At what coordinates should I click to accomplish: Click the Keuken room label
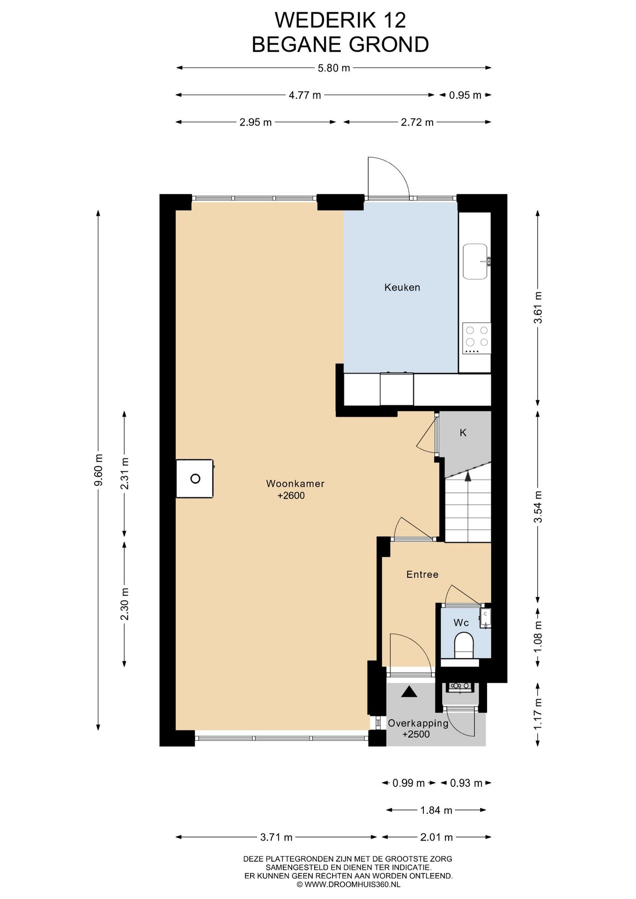coord(402,287)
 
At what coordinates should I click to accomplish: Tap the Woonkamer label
coord(295,484)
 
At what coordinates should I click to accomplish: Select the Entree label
coord(422,575)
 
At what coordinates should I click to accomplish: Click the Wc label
coord(461,623)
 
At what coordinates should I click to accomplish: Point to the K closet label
coord(463,433)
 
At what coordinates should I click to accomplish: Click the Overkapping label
coord(418,723)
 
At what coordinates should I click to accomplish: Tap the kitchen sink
coord(476,261)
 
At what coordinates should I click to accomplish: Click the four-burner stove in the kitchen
coord(477,338)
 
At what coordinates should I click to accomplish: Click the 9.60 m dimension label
coord(98,470)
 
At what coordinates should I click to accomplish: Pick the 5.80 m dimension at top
coord(334,68)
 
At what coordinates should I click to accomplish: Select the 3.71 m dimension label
coord(276,837)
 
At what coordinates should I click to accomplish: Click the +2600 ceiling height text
coord(291,495)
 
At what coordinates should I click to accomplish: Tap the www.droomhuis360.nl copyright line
coord(348,884)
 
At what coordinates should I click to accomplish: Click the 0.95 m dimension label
coord(465,95)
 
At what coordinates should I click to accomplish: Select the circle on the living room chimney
coord(195,479)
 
